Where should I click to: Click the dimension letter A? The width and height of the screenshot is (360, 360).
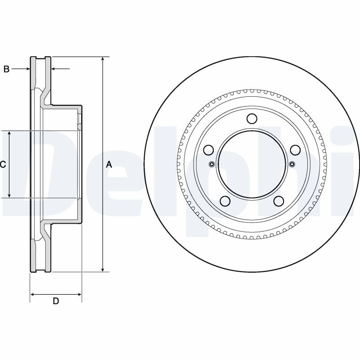pyautogui.click(x=109, y=164)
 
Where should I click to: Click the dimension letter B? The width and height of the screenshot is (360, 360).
pyautogui.click(x=6, y=69)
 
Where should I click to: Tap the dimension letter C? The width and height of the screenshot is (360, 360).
pyautogui.click(x=3, y=164)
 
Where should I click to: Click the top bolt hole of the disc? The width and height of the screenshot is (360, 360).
pyautogui.click(x=252, y=118)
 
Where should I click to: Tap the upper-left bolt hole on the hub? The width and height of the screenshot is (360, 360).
pyautogui.click(x=209, y=150)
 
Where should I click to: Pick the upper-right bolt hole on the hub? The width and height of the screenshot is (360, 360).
pyautogui.click(x=295, y=150)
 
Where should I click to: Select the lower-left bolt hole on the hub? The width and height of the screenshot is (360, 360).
pyautogui.click(x=225, y=201)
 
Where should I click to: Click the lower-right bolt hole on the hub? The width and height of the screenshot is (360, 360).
pyautogui.click(x=279, y=201)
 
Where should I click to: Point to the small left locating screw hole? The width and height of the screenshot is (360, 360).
pyautogui.click(x=211, y=164)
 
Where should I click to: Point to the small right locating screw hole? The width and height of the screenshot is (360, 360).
pyautogui.click(x=292, y=164)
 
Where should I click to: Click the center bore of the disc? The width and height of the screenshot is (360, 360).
pyautogui.click(x=252, y=164)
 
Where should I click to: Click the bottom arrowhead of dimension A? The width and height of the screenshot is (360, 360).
pyautogui.click(x=103, y=269)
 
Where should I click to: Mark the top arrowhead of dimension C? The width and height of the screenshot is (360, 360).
pyautogui.click(x=9, y=134)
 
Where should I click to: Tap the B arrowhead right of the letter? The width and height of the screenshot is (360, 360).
pyautogui.click(x=27, y=69)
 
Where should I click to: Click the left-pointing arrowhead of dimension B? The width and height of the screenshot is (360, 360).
pyautogui.click(x=54, y=68)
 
